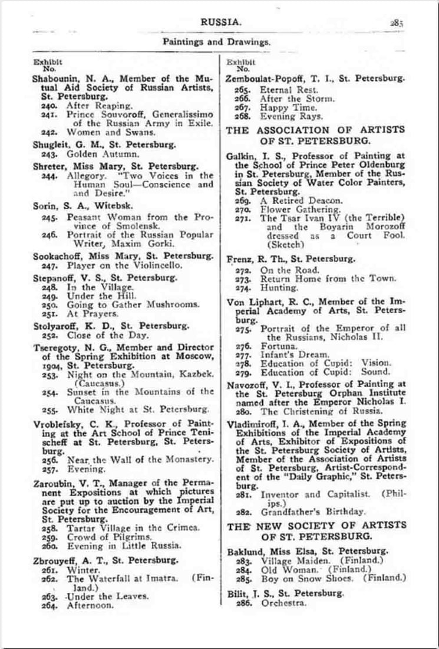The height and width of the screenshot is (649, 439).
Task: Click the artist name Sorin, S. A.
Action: pyautogui.click(x=58, y=206)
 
